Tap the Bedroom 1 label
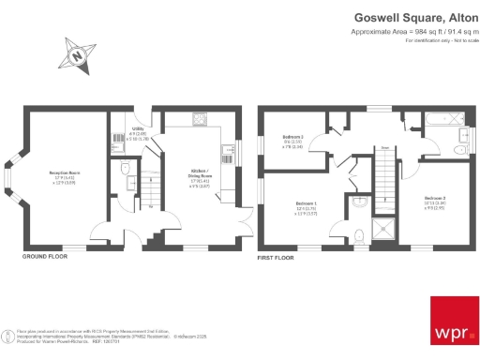click(307, 207)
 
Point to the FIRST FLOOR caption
click(277, 255)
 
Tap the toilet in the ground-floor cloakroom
click(126, 171)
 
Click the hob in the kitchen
click(200, 119)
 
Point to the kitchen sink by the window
click(226, 149)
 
